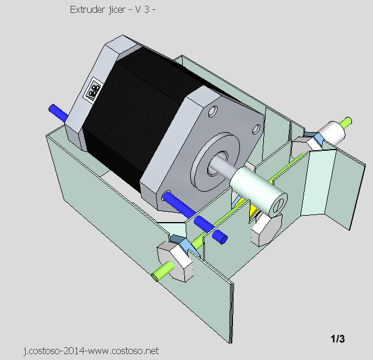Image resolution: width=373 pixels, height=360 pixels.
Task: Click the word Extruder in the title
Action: point(85,10)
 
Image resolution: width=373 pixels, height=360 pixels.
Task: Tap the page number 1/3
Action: point(337,339)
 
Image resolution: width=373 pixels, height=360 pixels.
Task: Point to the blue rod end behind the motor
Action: point(57,111)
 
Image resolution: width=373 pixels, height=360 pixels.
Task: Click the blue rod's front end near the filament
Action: point(219,236)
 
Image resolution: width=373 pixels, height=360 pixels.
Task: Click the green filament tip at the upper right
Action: point(347,122)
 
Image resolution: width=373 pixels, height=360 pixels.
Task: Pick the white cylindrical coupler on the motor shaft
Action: point(257,189)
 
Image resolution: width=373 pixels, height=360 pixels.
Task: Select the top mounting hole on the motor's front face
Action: point(212,109)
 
